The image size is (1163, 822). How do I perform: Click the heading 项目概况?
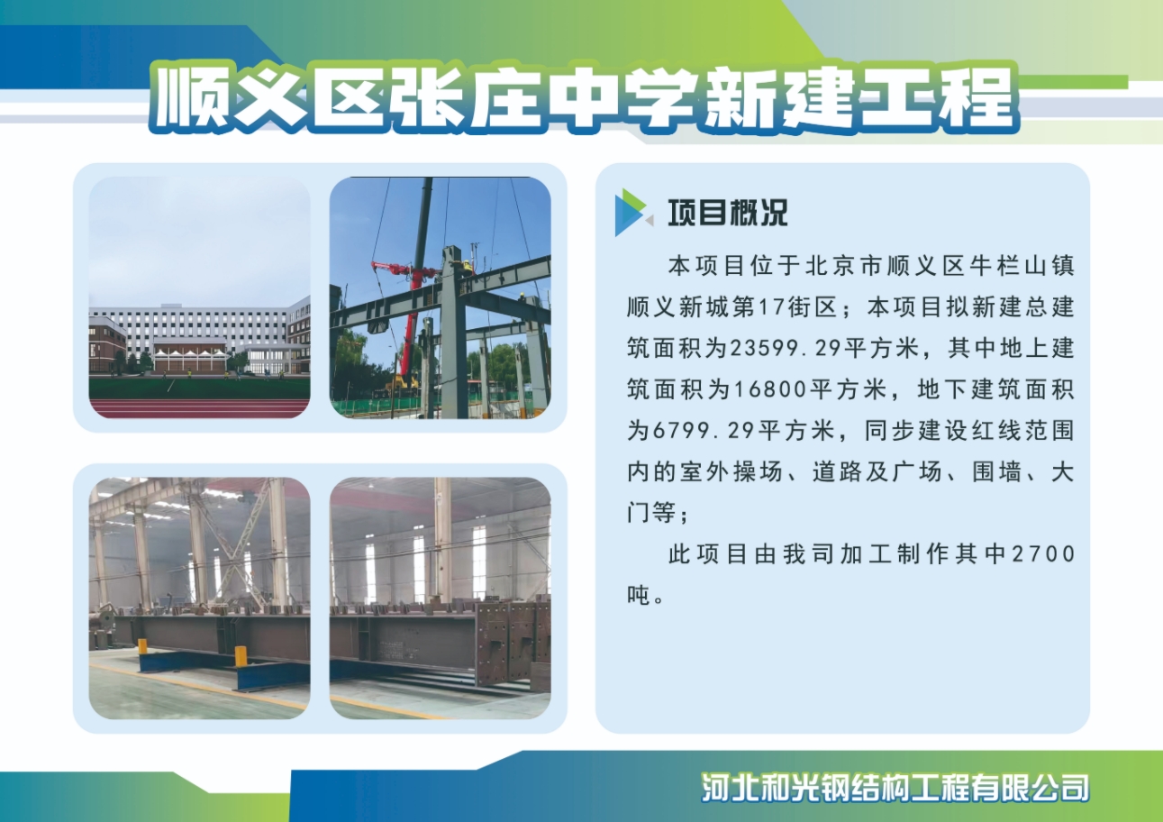pyautogui.click(x=727, y=213)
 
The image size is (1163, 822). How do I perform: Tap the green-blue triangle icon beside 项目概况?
pyautogui.click(x=632, y=213)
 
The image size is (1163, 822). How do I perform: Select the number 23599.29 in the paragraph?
pyautogui.click(x=736, y=349)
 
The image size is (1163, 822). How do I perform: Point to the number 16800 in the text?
pyautogui.click(x=736, y=390)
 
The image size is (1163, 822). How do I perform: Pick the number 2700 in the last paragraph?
pyautogui.click(x=1044, y=553)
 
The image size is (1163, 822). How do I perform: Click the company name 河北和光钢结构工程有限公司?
pyautogui.click(x=896, y=788)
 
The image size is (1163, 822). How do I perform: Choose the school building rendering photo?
pyautogui.click(x=199, y=297)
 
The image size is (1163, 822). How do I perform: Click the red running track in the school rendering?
pyautogui.click(x=199, y=408)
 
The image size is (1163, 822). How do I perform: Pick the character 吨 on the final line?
pyautogui.click(x=639, y=595)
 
